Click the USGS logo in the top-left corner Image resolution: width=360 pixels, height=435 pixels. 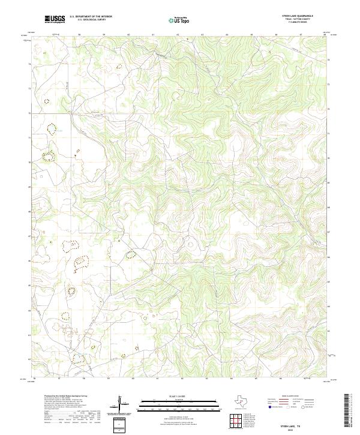coord(55,20)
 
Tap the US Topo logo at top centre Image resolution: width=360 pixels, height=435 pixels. coord(181,20)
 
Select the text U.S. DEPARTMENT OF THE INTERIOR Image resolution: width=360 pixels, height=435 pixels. coord(91,17)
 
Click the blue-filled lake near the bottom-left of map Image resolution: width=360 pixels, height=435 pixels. coord(77,359)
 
